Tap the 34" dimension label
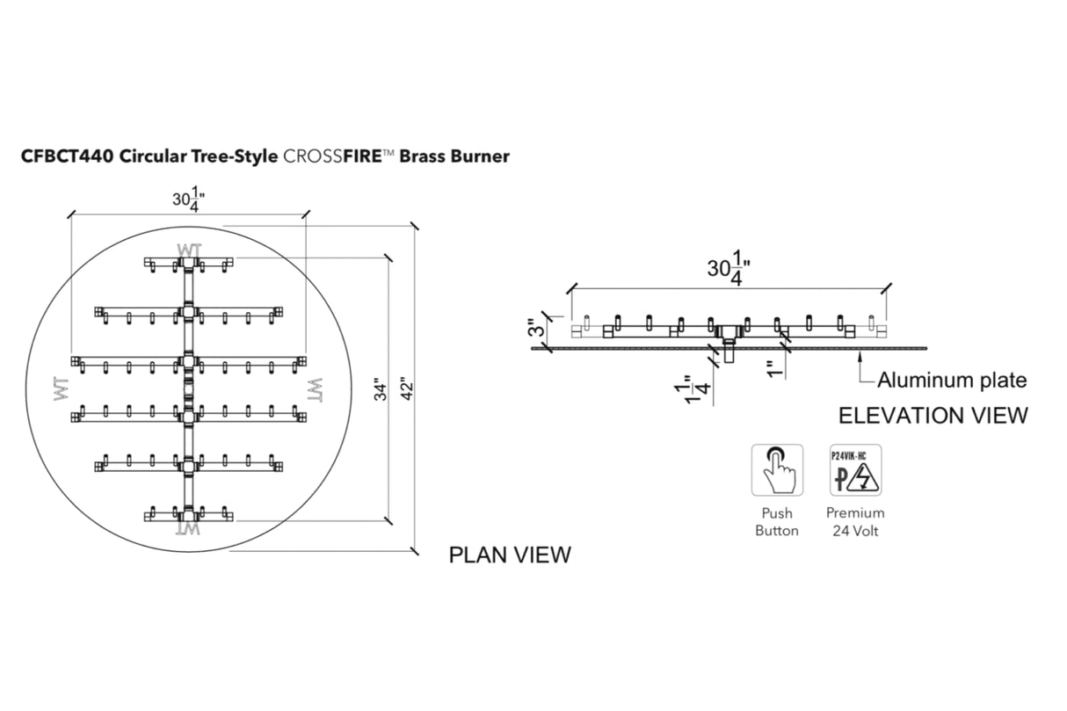coord(377,389)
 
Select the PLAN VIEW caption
coord(510,555)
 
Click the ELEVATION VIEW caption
coord(933,416)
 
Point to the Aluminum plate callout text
coord(952,381)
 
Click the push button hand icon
coord(777,470)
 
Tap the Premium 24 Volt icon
coord(855,470)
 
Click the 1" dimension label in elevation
coord(771,369)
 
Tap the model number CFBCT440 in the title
coord(68,156)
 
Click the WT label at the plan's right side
coord(314,388)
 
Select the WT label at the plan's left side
coord(62,389)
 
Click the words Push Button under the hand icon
coord(777,521)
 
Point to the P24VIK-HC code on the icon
coord(855,455)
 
